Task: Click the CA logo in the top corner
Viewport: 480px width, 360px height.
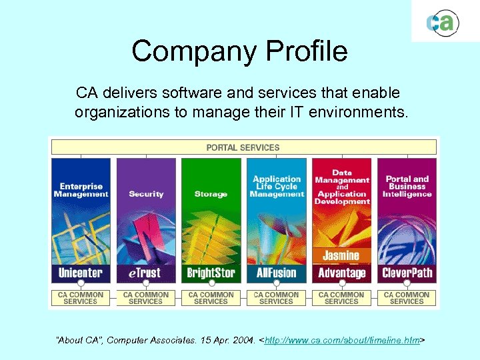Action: [x=443, y=23]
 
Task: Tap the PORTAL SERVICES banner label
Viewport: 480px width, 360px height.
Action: [x=243, y=147]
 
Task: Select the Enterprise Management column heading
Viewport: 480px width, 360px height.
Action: [x=81, y=190]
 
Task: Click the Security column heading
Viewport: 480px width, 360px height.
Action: [x=146, y=194]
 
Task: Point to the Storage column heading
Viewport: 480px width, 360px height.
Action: [x=211, y=194]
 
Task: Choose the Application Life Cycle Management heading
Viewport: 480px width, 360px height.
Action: [x=277, y=187]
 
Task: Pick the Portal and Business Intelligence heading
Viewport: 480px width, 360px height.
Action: [x=407, y=187]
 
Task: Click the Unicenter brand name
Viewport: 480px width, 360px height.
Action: [x=81, y=273]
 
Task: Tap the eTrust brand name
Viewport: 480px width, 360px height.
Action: [x=145, y=273]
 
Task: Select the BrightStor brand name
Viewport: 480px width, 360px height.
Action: [x=211, y=273]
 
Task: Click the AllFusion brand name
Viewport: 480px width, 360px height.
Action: [x=276, y=273]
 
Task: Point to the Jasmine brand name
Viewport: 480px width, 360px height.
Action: [x=341, y=255]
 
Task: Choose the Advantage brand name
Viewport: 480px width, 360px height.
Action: [x=341, y=273]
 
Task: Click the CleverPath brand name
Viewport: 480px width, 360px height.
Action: [x=407, y=273]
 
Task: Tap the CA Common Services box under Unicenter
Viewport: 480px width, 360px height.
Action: [x=81, y=298]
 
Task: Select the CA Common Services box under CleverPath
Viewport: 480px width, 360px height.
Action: [x=407, y=298]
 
